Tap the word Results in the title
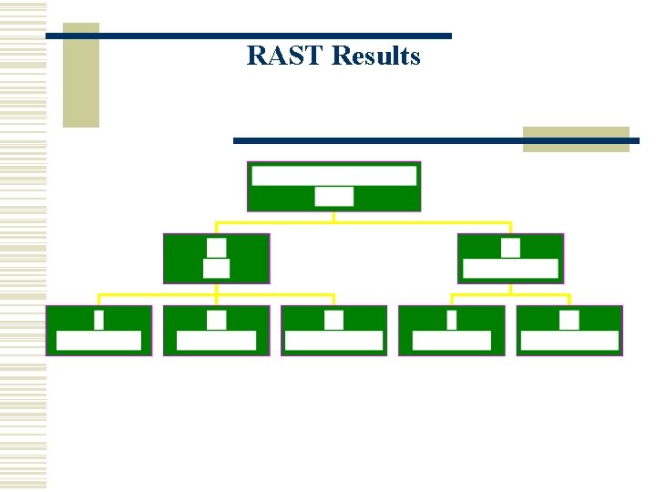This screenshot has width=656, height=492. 376,56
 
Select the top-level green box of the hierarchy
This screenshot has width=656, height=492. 333,187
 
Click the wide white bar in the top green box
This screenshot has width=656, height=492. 333,175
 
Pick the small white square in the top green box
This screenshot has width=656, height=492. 333,196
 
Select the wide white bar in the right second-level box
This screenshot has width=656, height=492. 510,269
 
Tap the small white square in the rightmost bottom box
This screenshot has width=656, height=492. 569,320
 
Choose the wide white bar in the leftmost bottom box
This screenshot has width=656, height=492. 98,341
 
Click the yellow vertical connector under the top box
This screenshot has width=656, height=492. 333,217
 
